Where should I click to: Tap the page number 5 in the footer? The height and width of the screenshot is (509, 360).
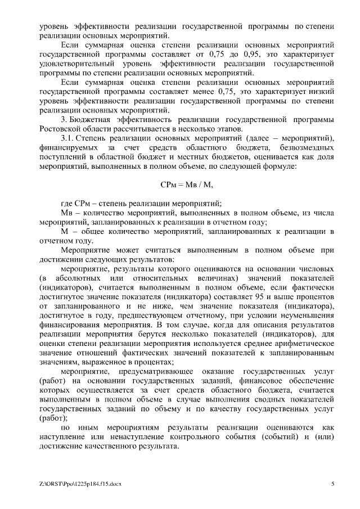coord(332,484)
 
